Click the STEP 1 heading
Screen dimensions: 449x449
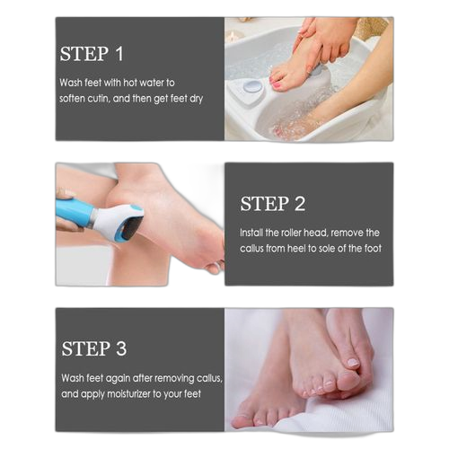click(x=92, y=54)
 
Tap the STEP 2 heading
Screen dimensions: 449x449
click(x=273, y=204)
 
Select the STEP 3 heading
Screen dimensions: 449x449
click(x=94, y=348)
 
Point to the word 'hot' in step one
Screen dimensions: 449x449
click(x=130, y=83)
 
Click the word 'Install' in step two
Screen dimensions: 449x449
click(x=251, y=233)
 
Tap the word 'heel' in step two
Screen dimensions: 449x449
click(x=296, y=248)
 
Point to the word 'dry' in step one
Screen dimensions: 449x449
click(x=197, y=99)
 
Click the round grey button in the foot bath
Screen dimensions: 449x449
click(x=252, y=87)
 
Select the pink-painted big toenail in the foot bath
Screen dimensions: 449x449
click(x=276, y=79)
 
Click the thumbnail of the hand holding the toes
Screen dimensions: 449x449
click(x=353, y=363)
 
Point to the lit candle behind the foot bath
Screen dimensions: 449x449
click(x=233, y=38)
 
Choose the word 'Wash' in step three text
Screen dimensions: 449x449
click(x=73, y=378)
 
